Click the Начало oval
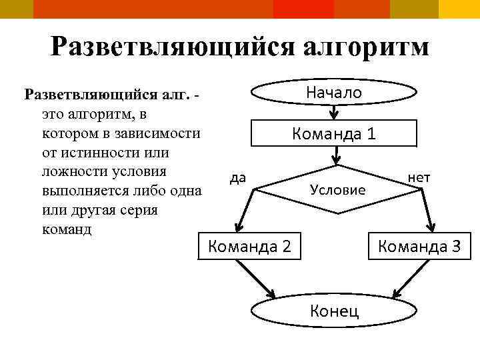[x=333, y=93]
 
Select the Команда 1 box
[x=334, y=133]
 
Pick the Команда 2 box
[x=250, y=246]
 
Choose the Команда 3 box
[x=419, y=246]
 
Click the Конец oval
[x=333, y=310]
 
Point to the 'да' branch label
[x=237, y=177]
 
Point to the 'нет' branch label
[x=419, y=177]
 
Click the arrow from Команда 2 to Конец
[x=257, y=278]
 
